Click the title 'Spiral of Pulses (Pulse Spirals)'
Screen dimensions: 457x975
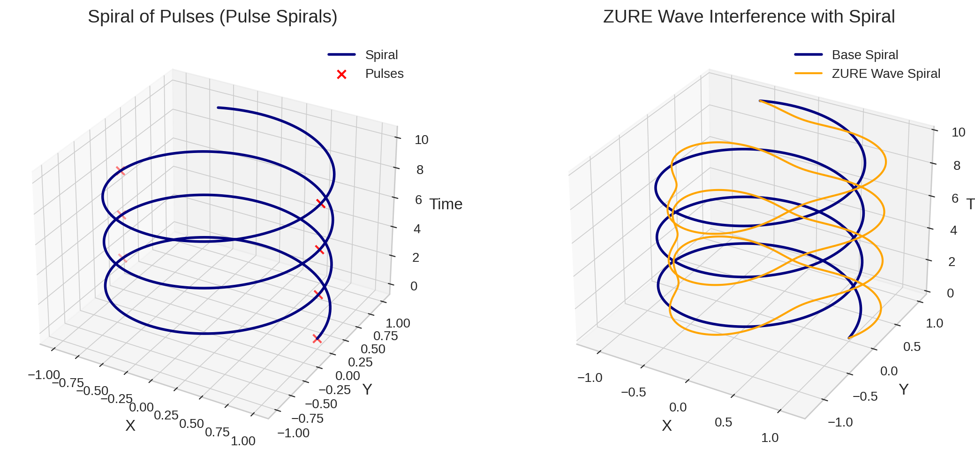pos(212,17)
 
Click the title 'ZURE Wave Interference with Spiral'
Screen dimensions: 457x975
pos(748,17)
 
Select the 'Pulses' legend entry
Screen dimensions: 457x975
pos(384,74)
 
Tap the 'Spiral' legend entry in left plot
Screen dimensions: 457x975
pos(381,55)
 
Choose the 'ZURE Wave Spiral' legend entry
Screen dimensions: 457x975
pos(885,74)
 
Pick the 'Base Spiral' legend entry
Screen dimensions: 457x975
pos(864,55)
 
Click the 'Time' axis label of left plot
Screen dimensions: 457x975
pos(446,204)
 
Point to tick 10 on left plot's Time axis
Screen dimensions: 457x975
pos(421,140)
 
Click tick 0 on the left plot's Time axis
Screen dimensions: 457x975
pos(413,286)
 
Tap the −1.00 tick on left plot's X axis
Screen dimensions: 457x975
pos(44,375)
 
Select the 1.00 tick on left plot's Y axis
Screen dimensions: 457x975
pos(398,323)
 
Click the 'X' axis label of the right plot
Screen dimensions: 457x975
pos(666,426)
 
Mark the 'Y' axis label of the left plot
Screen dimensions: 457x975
pos(367,389)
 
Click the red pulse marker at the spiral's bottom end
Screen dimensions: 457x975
pos(317,339)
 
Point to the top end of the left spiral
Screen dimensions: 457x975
pos(219,108)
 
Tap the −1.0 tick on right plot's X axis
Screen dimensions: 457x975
pos(590,378)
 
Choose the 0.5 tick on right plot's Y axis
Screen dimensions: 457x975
pos(912,347)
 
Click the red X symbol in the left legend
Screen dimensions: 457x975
pos(341,74)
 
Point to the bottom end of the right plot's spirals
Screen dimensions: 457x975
pos(849,337)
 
